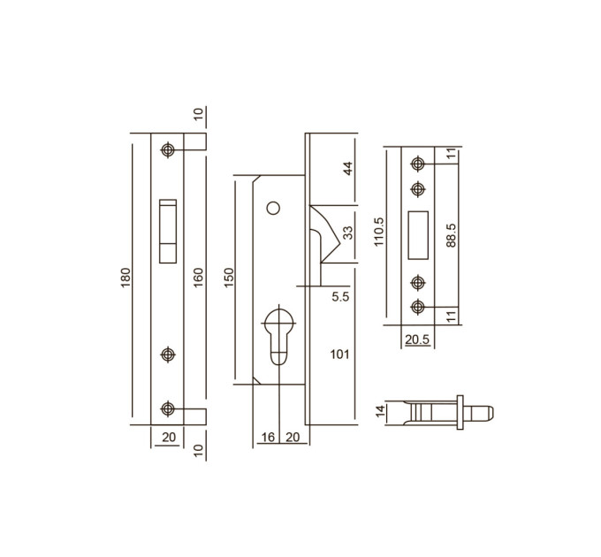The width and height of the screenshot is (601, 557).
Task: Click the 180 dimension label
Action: [126, 278]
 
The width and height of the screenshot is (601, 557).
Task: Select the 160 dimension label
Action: [198, 278]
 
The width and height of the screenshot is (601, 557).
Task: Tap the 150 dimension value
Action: [228, 278]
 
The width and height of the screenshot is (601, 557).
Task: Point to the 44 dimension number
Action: [347, 169]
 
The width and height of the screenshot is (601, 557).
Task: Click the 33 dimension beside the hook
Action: [347, 233]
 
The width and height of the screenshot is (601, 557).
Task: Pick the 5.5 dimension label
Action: [341, 296]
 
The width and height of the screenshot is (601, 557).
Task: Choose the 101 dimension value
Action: [340, 355]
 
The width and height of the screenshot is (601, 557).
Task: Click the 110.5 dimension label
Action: [378, 232]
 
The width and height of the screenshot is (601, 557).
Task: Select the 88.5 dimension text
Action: [452, 235]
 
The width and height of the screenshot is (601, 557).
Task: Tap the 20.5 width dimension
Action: [417, 340]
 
